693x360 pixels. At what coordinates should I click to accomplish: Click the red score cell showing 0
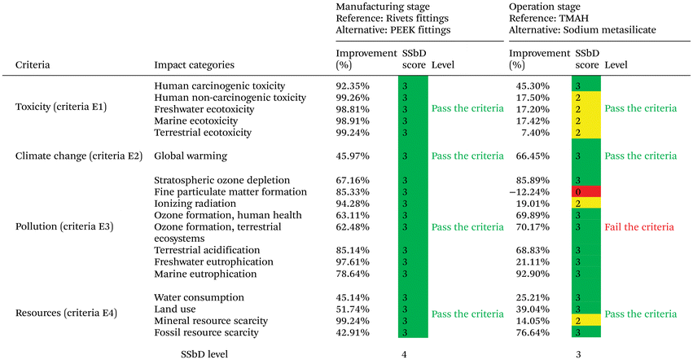(586, 191)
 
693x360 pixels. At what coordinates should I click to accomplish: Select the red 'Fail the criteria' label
(639, 227)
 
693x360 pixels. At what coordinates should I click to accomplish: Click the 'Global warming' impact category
(191, 156)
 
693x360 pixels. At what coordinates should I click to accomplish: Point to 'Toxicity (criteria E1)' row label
(61, 107)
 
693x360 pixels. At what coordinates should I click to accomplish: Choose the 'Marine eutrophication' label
(205, 274)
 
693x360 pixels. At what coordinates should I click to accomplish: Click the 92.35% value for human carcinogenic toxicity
(353, 86)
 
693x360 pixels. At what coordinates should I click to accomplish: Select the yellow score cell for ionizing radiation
(586, 203)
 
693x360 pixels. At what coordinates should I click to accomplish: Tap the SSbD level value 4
(404, 354)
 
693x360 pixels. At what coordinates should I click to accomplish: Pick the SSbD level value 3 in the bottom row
(578, 354)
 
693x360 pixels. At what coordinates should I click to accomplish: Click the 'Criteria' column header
(33, 65)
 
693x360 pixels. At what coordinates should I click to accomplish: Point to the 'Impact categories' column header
(194, 65)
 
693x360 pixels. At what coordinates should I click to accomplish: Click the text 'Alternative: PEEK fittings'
(393, 30)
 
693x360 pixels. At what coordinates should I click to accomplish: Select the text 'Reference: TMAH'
(549, 19)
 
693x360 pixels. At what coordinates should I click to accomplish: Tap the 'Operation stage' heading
(545, 7)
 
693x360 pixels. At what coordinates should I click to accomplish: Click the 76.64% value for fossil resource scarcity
(533, 332)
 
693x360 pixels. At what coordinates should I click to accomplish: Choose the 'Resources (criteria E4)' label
(66, 313)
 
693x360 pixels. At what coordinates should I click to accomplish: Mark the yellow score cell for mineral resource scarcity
(586, 320)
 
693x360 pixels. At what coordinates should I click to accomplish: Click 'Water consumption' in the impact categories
(199, 297)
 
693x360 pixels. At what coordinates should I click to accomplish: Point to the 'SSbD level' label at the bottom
(204, 354)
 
